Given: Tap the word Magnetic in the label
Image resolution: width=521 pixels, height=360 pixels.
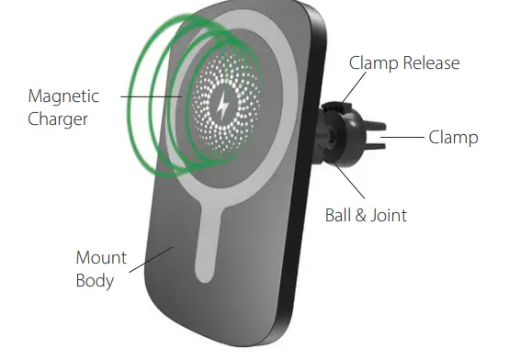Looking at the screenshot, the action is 63,96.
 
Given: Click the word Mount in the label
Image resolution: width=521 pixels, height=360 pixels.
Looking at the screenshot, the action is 101,258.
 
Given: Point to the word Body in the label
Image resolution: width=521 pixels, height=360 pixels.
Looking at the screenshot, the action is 95,279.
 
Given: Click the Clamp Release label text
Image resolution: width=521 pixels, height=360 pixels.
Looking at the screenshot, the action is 404,63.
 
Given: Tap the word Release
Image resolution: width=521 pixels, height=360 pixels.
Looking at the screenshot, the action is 431,63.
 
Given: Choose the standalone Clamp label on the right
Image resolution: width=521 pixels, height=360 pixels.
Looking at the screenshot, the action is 453,138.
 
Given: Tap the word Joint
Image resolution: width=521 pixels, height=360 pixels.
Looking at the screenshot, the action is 388,217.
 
